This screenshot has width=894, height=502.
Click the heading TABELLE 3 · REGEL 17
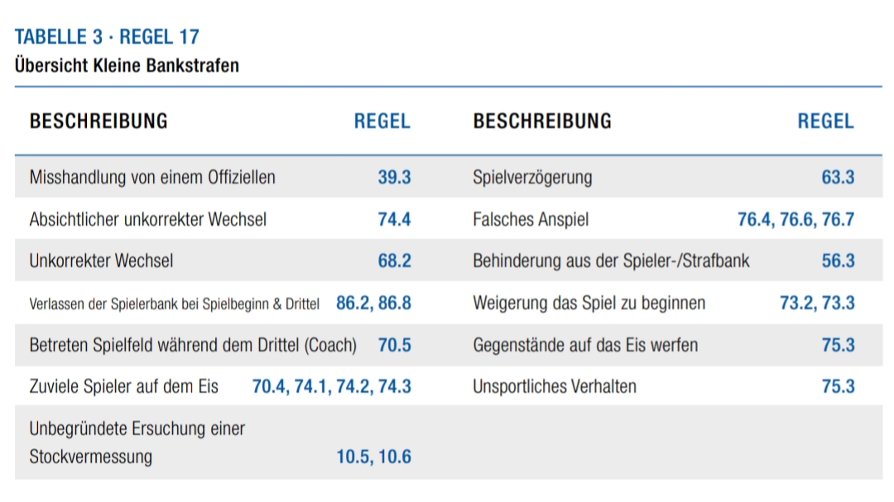coord(107,37)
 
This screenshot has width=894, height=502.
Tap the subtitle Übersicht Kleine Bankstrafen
coord(127,65)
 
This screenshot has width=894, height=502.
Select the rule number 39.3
coord(394,177)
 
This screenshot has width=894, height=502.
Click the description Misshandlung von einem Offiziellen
coord(152,177)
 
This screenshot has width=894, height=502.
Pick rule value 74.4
coord(394,219)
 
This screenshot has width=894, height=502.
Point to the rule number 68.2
coord(394,261)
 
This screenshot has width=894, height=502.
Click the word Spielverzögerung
coord(532,177)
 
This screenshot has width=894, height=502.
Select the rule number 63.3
coord(838,177)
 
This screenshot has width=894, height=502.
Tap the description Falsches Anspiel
coord(531,219)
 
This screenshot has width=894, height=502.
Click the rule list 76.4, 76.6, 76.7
coord(795,219)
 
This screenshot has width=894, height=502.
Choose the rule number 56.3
coord(838,261)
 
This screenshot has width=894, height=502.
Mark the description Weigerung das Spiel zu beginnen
coord(589,303)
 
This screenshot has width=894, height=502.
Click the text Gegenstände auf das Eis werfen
coord(585,345)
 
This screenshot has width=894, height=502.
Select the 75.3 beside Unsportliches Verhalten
coord(838,386)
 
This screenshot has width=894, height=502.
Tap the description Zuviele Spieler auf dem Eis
coord(124,386)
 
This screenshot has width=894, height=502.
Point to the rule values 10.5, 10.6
coord(373,457)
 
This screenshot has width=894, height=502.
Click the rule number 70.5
coord(394,345)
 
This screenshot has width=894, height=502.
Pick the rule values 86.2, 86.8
coord(373,303)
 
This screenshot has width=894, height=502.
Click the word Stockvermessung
coord(91,457)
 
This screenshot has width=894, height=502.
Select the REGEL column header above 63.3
coord(825,121)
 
